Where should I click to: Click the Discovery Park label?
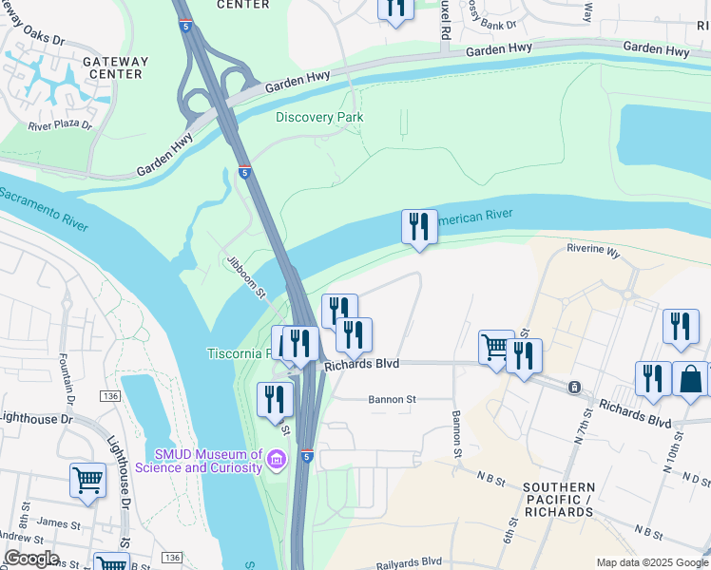(319, 117)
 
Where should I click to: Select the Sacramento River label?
(44, 208)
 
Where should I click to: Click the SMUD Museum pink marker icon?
(277, 460)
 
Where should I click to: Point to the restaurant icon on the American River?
(419, 226)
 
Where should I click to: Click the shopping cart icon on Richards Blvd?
(496, 348)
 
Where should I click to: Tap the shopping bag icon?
(691, 378)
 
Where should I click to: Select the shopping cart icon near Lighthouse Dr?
(87, 480)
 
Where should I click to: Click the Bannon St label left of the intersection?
(393, 400)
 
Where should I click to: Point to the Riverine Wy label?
(592, 254)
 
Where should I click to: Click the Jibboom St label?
(245, 276)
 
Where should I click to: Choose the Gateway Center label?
(116, 68)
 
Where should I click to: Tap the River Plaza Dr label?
(60, 124)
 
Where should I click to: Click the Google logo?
(30, 559)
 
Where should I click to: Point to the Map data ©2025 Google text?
(652, 562)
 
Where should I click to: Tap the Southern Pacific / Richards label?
(558, 500)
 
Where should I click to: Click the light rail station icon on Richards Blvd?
(574, 387)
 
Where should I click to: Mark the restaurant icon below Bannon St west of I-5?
(274, 399)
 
